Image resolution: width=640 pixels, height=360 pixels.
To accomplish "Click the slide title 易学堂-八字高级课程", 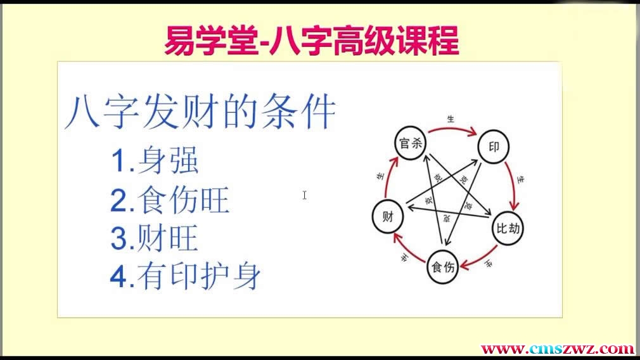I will coord(311,41).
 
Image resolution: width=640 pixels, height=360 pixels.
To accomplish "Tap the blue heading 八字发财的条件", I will coord(200,113).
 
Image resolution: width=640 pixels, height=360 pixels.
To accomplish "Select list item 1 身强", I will coord(155,162).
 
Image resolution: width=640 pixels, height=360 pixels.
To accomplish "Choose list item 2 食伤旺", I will coord(170,201).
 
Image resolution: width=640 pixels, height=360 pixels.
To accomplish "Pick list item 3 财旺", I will coord(155,239).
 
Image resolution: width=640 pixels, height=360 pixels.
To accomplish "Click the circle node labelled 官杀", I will coord(409,143).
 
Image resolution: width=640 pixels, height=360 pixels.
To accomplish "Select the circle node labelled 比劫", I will coord(509,227).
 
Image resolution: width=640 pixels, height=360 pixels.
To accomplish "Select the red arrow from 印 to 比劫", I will coord(515,184).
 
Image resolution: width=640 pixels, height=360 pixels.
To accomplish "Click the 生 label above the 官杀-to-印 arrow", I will coord(451,119).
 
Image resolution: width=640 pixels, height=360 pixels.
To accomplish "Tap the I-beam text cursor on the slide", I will coord(305,195).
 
